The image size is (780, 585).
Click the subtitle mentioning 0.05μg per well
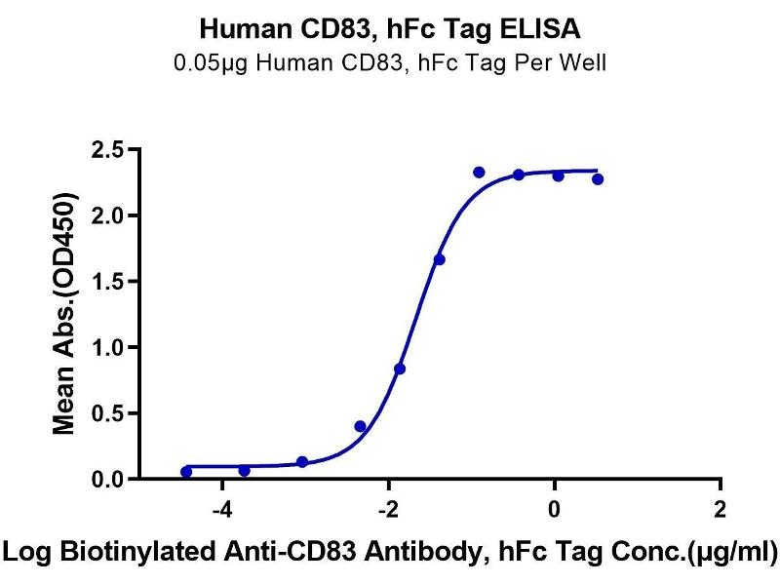point(389,64)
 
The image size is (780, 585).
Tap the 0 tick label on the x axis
point(554,509)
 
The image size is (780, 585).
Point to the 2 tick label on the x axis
point(720,509)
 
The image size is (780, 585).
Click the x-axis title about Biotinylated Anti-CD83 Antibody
point(390,551)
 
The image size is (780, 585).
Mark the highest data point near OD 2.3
point(479,173)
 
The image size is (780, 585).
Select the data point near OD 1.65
point(439,259)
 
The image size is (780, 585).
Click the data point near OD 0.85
point(400,369)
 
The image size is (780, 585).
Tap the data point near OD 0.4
point(360,426)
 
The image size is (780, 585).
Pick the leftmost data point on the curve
point(186,472)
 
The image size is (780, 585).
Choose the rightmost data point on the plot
point(597,179)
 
